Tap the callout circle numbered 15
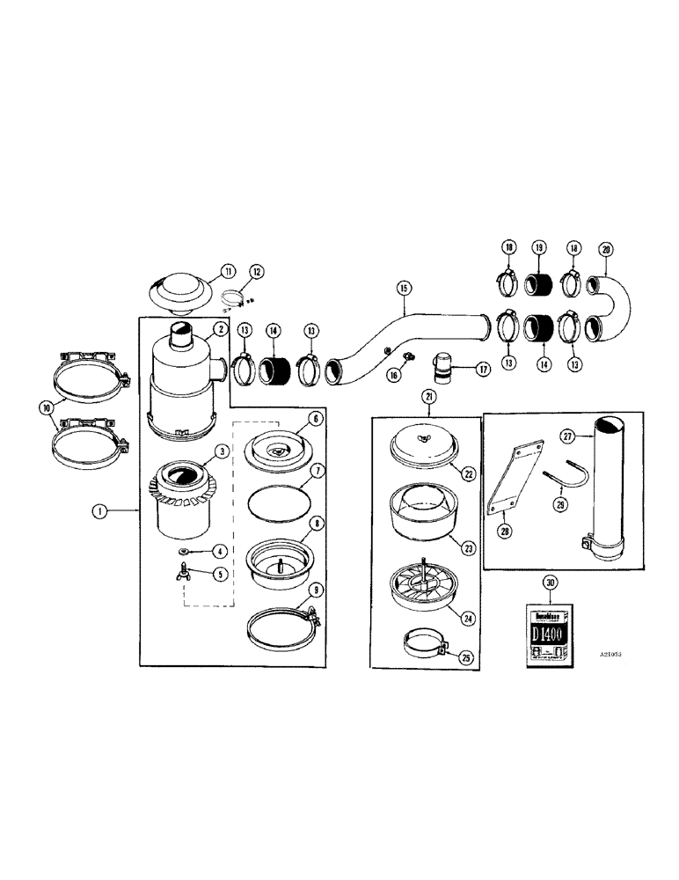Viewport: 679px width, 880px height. tap(403, 287)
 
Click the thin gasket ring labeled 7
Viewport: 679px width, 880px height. tap(279, 507)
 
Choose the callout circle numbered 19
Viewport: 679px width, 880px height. tap(538, 248)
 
